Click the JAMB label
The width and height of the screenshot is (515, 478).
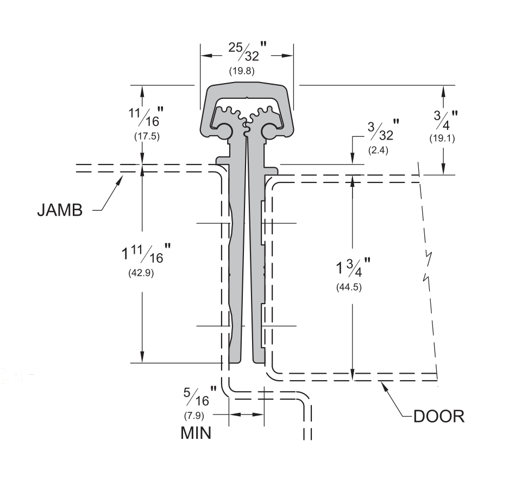[x=60, y=210]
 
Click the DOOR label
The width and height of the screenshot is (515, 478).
[x=439, y=416]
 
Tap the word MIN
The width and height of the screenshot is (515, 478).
[x=196, y=433]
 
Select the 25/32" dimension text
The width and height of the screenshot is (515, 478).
[x=247, y=51]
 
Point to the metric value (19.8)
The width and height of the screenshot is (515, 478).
[x=242, y=71]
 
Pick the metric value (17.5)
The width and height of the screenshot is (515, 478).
[x=147, y=136]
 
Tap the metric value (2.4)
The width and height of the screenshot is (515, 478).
[x=378, y=150]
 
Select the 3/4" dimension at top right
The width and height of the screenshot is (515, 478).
[x=445, y=120]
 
